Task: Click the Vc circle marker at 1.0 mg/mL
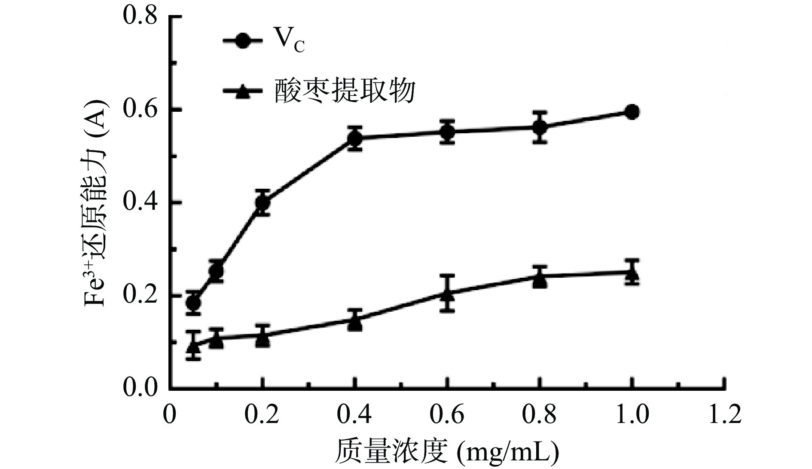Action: [631, 112]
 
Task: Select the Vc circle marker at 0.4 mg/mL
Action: [355, 138]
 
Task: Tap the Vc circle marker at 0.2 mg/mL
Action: [263, 202]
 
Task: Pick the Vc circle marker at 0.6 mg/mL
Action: [447, 132]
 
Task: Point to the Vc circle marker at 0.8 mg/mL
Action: [540, 127]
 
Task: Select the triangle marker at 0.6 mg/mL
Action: [447, 294]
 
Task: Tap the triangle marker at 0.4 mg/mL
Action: [355, 321]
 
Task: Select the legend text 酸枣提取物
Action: [345, 91]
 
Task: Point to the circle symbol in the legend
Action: [243, 41]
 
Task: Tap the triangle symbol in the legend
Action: [243, 92]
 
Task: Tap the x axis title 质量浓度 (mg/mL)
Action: [447, 451]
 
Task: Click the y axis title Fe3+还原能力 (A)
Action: [95, 202]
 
